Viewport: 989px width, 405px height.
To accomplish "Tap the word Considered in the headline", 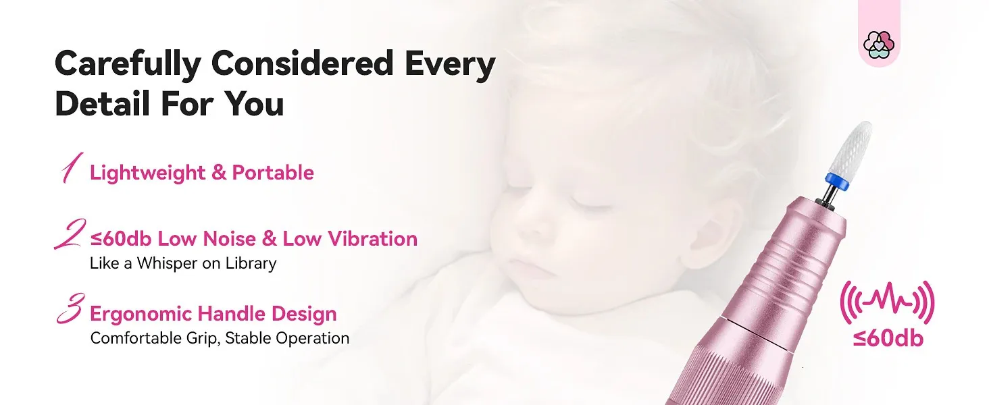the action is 303,63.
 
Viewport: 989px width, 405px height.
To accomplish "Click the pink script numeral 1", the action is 72,167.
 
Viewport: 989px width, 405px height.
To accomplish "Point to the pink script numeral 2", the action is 70,234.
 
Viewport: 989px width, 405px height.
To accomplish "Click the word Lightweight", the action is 147,173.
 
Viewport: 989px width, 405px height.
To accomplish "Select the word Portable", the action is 273,173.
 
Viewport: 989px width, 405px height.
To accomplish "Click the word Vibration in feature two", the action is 373,239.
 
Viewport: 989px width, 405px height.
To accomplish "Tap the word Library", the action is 251,263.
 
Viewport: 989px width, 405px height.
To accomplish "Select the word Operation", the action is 313,338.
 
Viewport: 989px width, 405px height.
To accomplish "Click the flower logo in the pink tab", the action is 879,45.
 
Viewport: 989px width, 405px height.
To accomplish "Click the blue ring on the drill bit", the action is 837,182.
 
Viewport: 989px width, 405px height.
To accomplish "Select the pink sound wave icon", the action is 888,302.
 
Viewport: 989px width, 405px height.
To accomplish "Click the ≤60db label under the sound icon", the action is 888,338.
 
